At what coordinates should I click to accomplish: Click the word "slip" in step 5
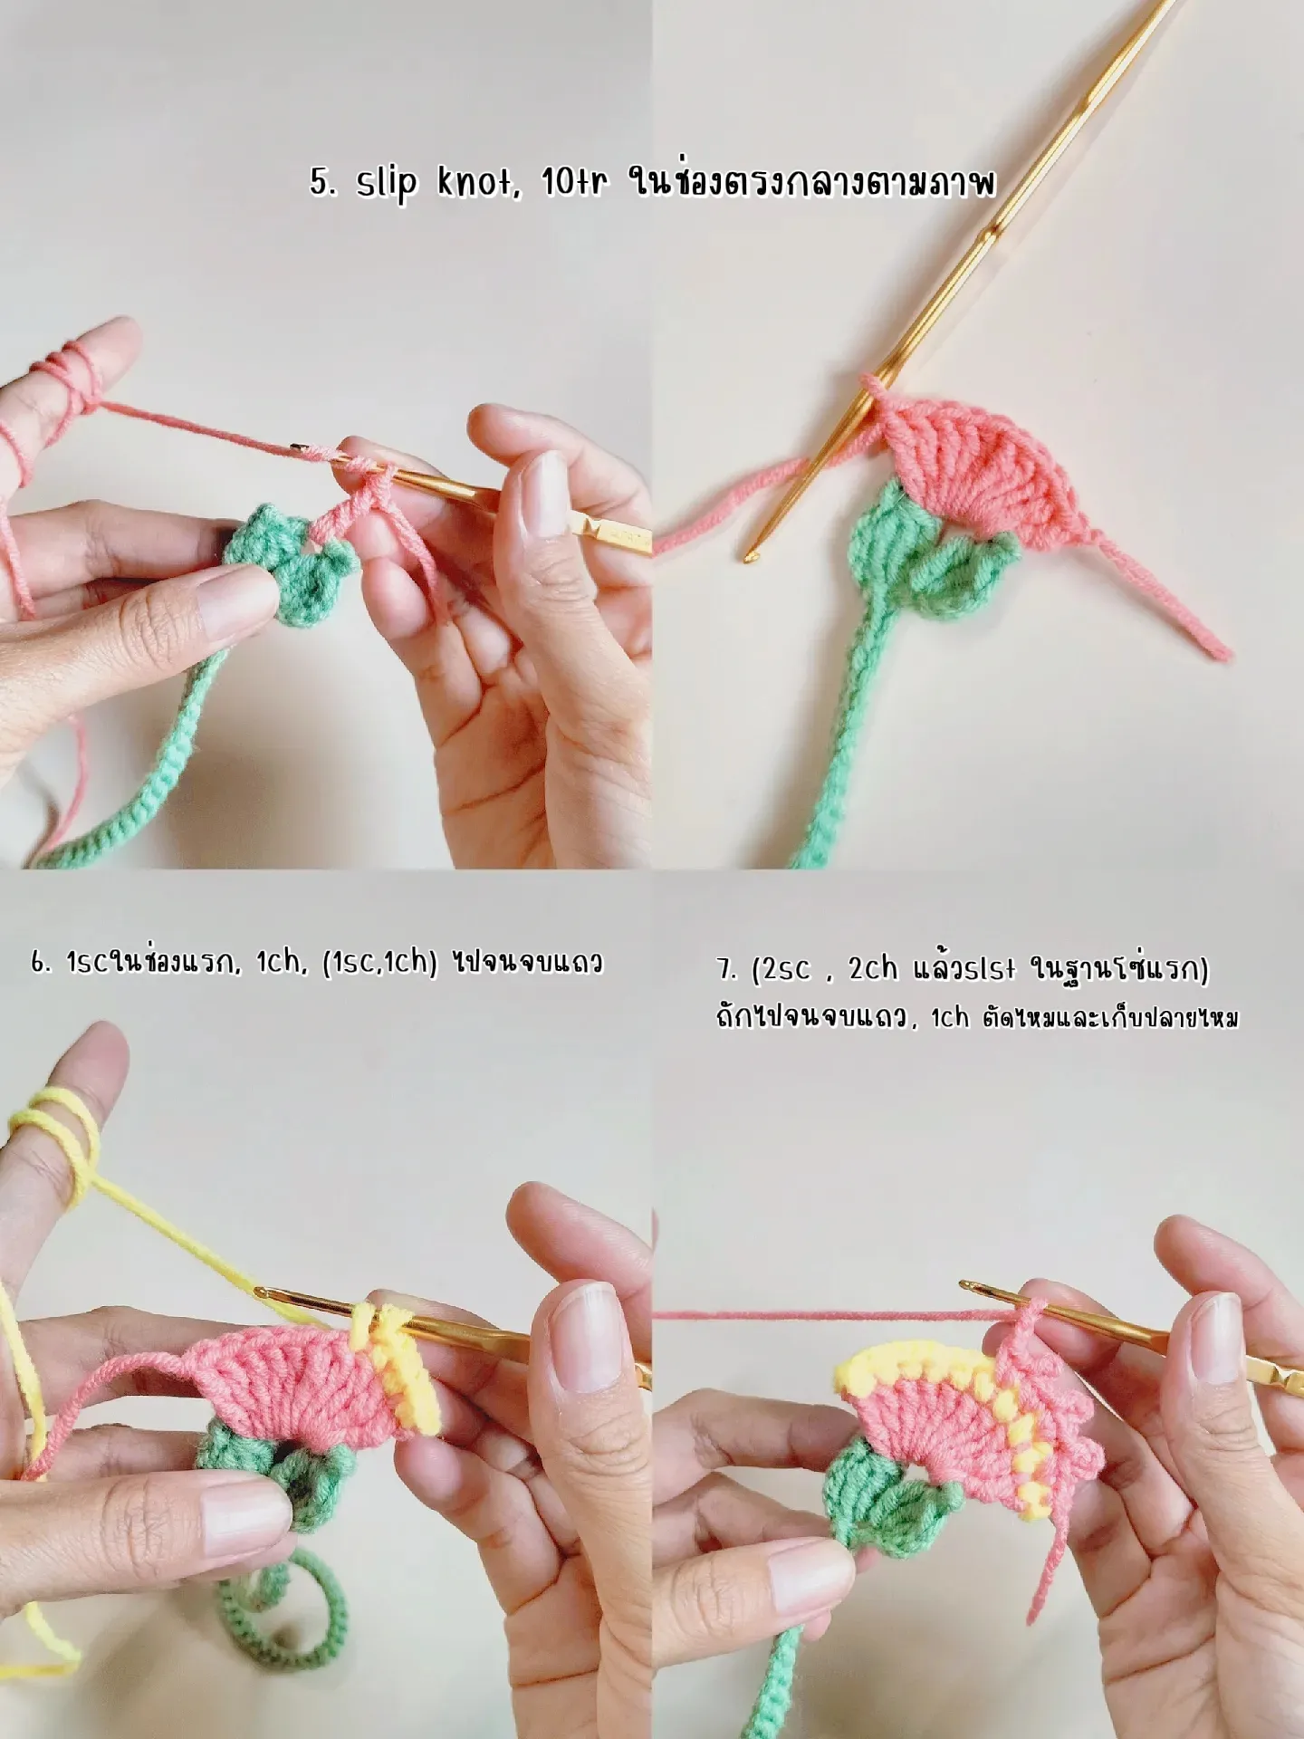point(387,183)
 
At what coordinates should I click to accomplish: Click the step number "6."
point(41,963)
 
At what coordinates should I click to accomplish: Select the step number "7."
point(728,970)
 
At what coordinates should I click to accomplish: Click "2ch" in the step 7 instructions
point(873,970)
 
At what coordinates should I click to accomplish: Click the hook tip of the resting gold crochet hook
point(751,554)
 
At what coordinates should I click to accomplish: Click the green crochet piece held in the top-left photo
point(290,562)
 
